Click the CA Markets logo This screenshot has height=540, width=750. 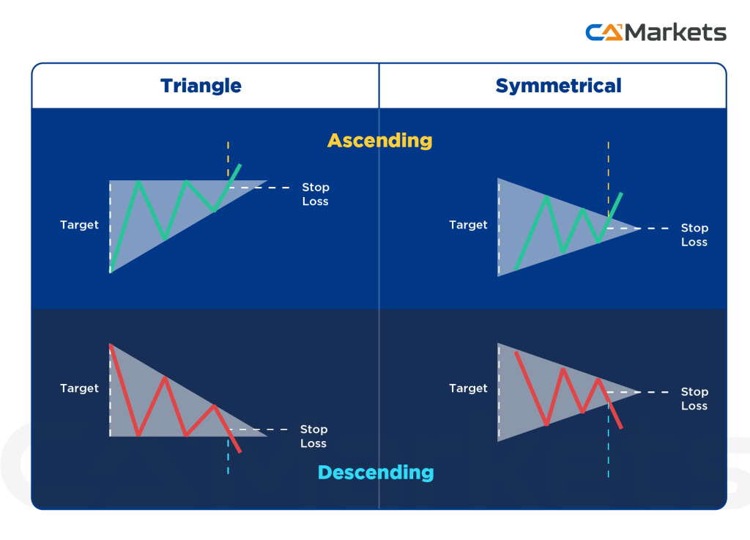click(x=655, y=32)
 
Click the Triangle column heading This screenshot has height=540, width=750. click(x=201, y=86)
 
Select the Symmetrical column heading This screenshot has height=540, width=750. click(x=558, y=86)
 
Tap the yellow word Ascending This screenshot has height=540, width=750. click(x=379, y=140)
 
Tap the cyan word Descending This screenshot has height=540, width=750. click(x=375, y=472)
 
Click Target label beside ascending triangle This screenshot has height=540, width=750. click(x=79, y=225)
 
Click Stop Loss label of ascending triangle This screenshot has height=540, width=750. click(x=315, y=194)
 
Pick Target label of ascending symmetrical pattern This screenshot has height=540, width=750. click(x=468, y=225)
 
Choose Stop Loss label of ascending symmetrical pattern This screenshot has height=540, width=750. click(x=694, y=235)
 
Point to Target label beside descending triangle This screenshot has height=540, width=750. click(x=79, y=388)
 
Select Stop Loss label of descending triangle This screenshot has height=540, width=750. click(x=313, y=436)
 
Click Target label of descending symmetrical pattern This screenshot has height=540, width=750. click(x=468, y=388)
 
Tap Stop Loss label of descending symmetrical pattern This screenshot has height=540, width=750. click(x=694, y=399)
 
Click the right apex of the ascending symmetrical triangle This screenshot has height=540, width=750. click(x=639, y=229)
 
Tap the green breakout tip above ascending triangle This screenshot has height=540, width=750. click(x=240, y=166)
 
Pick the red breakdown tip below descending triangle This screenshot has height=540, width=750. click(x=240, y=451)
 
